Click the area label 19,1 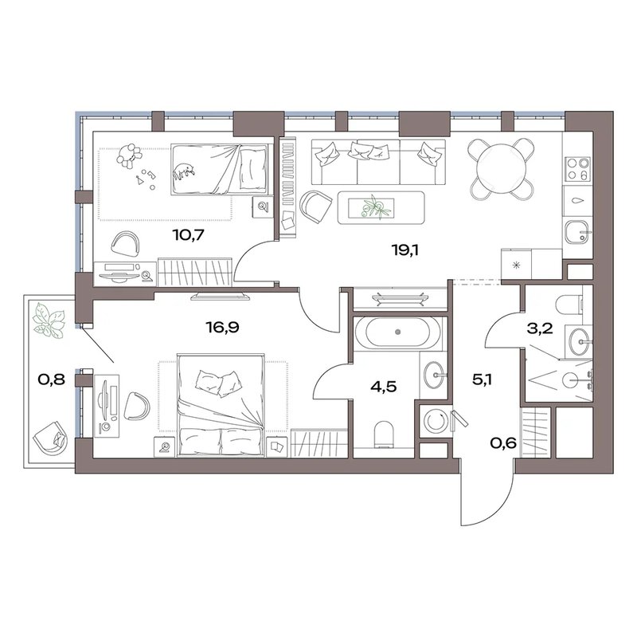coord(404,250)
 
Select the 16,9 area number coord(223,327)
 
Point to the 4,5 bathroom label coord(384,387)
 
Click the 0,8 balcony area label coord(51,380)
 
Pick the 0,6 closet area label coord(504,442)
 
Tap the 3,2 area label coord(540,328)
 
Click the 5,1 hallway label coord(483,381)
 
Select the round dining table coord(502,169)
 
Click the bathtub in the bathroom coord(397,332)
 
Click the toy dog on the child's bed coord(184,171)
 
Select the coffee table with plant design coord(381,207)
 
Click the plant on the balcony coord(49,322)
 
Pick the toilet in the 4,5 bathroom coord(384,434)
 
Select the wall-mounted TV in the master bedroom coord(221,296)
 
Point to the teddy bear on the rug coord(129,155)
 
